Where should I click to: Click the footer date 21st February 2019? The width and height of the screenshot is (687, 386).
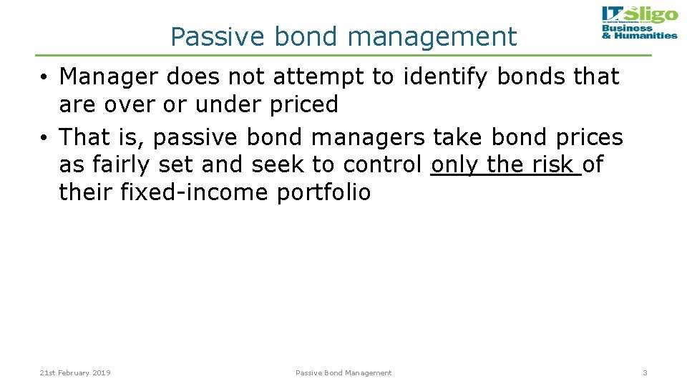click(75, 372)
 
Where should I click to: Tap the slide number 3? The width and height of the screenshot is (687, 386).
click(645, 372)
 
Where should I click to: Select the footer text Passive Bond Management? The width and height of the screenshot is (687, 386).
click(343, 372)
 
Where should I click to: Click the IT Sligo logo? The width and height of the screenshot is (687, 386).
click(639, 23)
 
